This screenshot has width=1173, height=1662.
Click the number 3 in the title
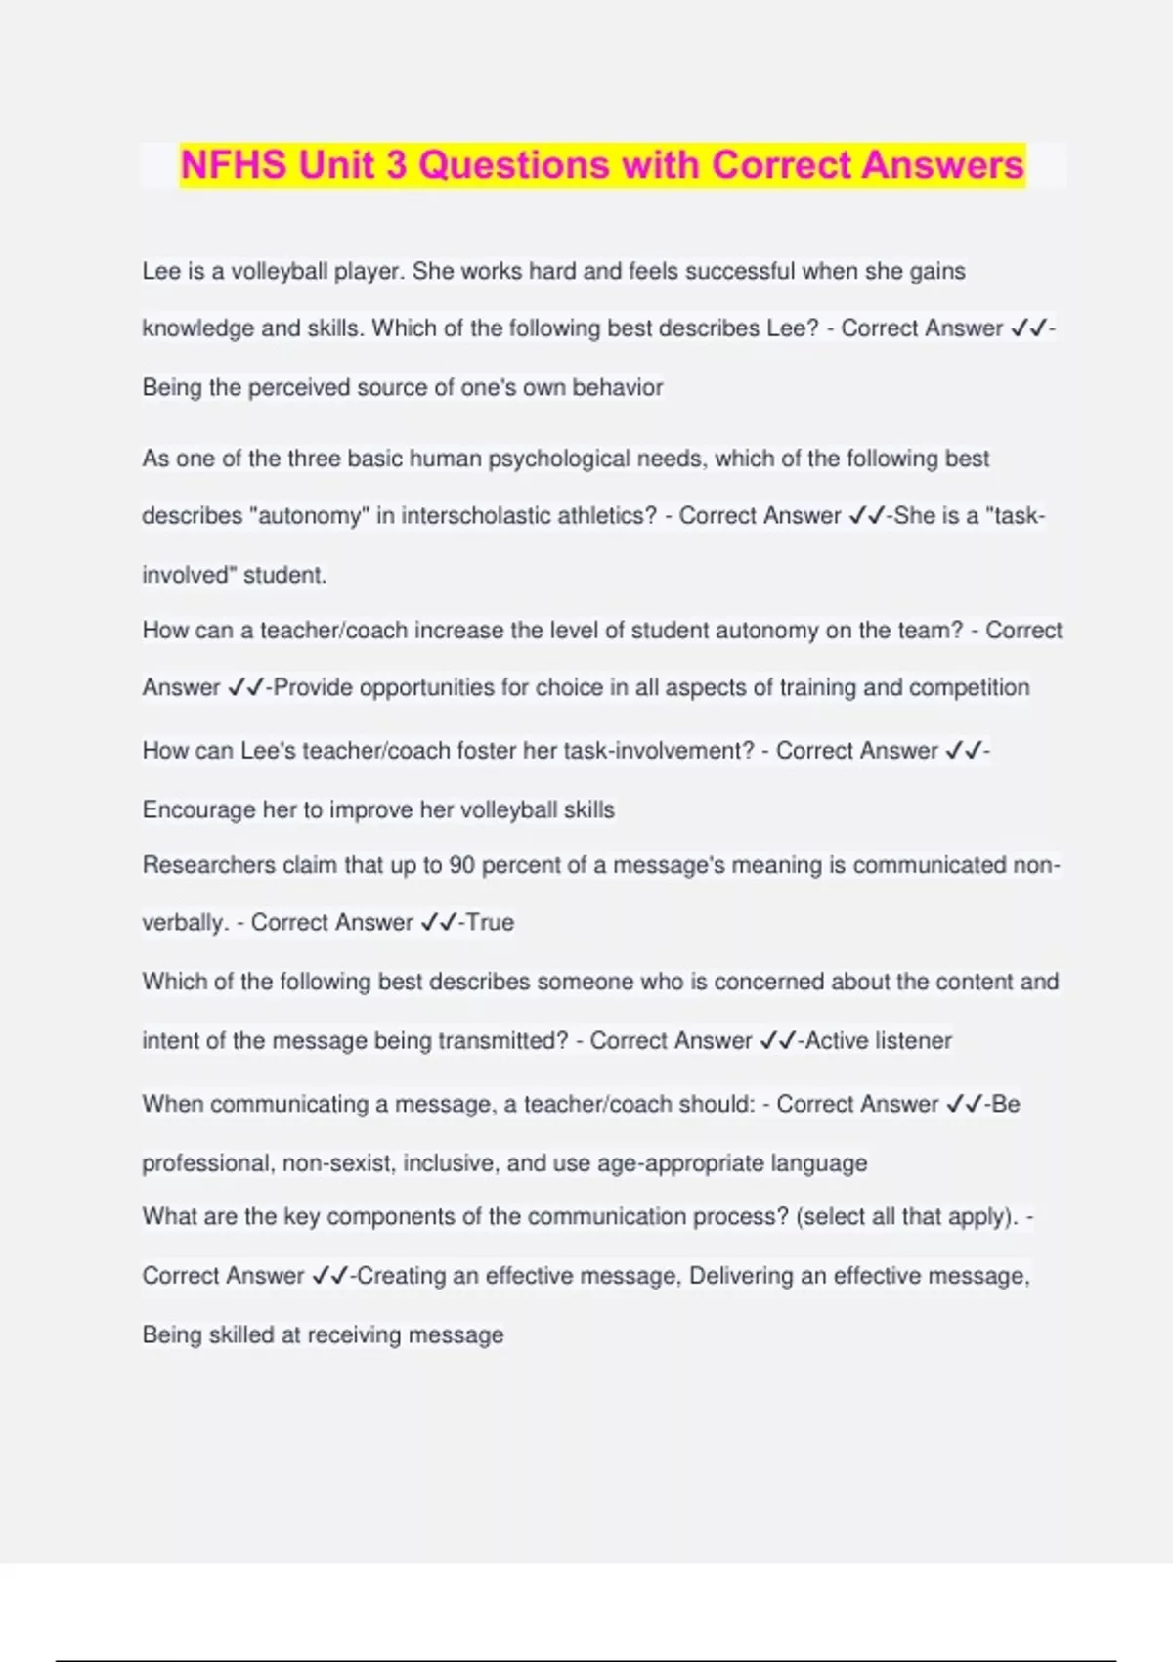[395, 164]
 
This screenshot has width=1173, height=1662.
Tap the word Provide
[313, 687]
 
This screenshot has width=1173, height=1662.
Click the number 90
[461, 865]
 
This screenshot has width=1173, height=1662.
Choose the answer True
[490, 922]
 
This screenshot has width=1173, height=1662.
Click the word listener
[913, 1040]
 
